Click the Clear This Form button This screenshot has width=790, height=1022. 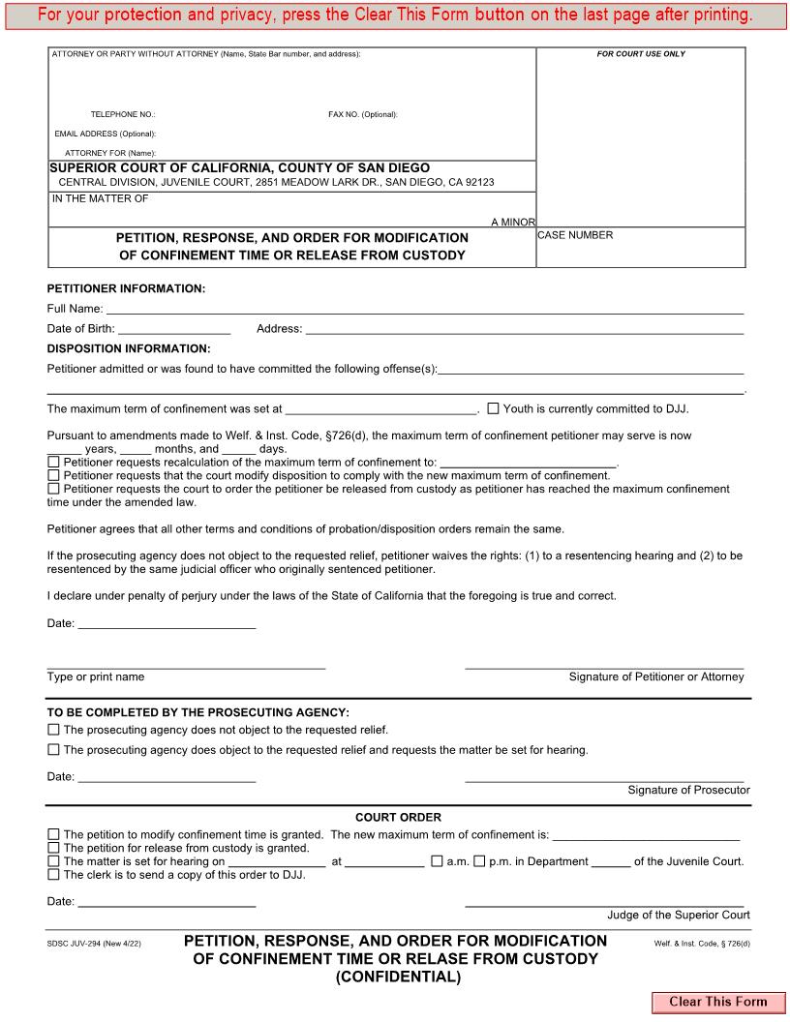[x=717, y=1002]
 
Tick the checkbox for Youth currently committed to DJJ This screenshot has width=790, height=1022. [x=493, y=408]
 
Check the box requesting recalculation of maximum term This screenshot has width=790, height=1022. [x=53, y=463]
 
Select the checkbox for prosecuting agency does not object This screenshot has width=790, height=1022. [x=53, y=730]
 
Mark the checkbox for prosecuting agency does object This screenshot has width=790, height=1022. [x=53, y=749]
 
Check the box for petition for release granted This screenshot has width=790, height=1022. [x=53, y=848]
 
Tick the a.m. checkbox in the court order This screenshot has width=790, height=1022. [x=437, y=861]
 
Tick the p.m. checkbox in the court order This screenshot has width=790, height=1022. [x=479, y=861]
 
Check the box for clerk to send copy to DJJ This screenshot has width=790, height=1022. [x=53, y=875]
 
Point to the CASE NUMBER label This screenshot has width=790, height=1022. [x=575, y=235]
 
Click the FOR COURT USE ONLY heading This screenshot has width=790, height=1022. [x=641, y=54]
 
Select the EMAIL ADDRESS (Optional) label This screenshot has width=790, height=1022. [x=105, y=134]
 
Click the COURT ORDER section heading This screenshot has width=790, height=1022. [x=398, y=818]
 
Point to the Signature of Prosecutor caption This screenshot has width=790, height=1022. [x=688, y=791]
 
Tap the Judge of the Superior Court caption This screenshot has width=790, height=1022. [x=678, y=915]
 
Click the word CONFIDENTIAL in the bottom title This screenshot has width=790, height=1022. [x=398, y=977]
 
